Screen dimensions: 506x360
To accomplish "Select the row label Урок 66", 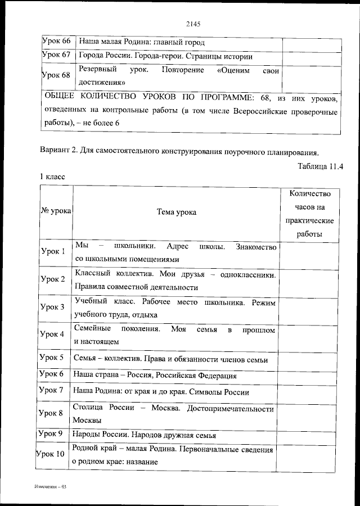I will (57, 41).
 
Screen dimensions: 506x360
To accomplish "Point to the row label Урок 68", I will (57, 75).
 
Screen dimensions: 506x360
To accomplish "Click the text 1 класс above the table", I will (52, 177).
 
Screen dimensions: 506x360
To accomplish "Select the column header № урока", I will (56, 211).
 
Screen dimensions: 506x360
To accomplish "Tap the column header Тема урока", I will (177, 212).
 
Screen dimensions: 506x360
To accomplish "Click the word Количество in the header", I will (309, 193).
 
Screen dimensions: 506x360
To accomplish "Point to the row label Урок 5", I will (53, 358).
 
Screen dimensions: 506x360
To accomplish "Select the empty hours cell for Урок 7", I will (310, 392).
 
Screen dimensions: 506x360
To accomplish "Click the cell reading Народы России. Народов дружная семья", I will (145, 435).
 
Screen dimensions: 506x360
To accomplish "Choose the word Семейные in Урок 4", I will (93, 328).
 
